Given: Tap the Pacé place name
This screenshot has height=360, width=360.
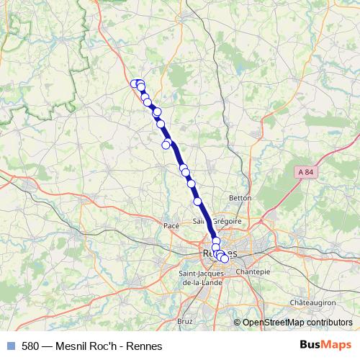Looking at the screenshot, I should (171, 225).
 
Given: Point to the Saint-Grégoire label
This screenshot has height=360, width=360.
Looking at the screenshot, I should (217, 221).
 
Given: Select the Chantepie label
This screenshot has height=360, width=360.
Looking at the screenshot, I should (253, 271).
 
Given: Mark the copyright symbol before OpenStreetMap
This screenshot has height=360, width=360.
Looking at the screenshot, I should (237, 323).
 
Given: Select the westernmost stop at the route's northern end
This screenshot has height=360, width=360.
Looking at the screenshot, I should (134, 84).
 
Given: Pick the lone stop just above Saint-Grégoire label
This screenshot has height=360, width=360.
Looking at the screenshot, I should (197, 202).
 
